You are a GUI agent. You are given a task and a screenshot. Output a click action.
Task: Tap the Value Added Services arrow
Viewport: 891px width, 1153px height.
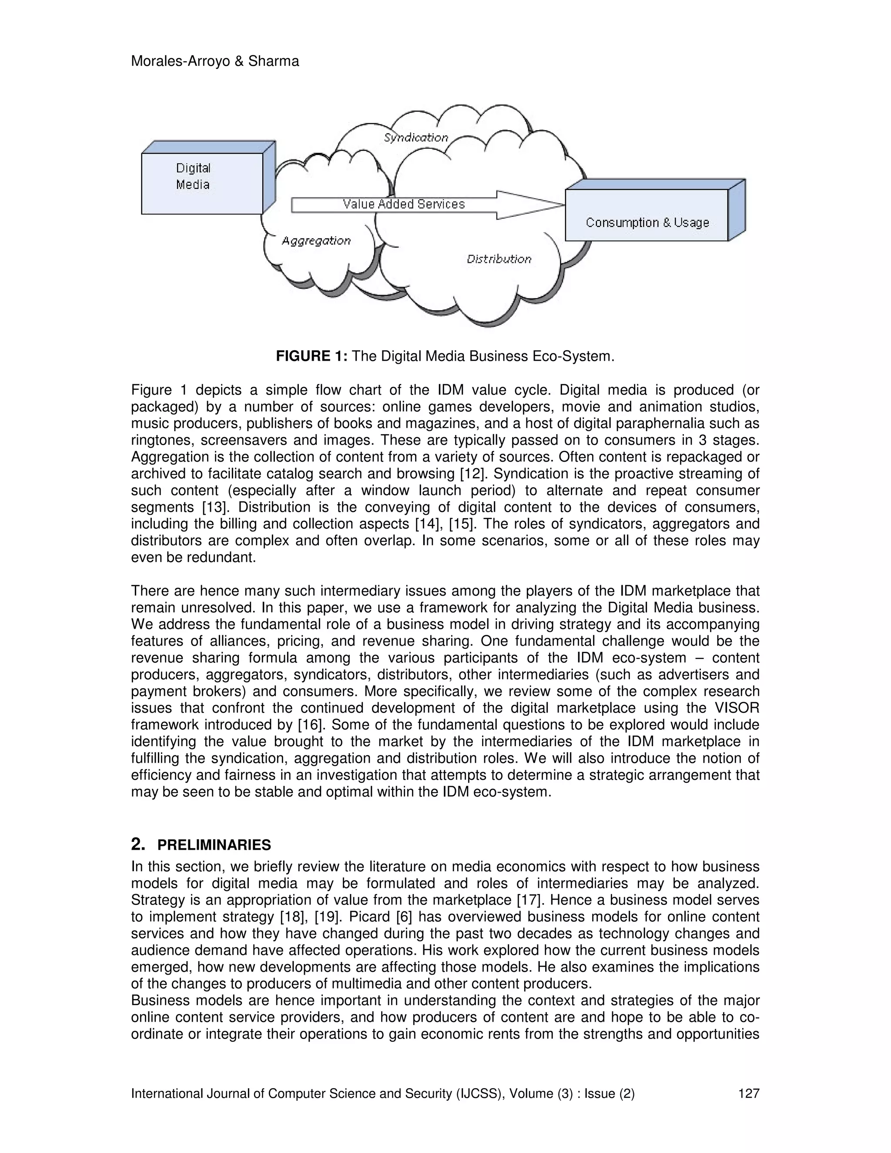[x=404, y=204]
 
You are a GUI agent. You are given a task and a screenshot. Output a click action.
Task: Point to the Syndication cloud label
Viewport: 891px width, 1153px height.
[x=416, y=138]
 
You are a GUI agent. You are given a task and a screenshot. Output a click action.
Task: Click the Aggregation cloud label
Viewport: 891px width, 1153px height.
[x=316, y=241]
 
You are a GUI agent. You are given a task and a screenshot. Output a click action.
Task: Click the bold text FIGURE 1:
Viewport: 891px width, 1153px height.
[x=312, y=356]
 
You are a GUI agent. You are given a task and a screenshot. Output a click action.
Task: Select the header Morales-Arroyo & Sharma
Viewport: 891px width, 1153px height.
[x=215, y=61]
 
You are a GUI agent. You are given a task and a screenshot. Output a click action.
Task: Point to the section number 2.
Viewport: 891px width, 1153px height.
[x=138, y=845]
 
